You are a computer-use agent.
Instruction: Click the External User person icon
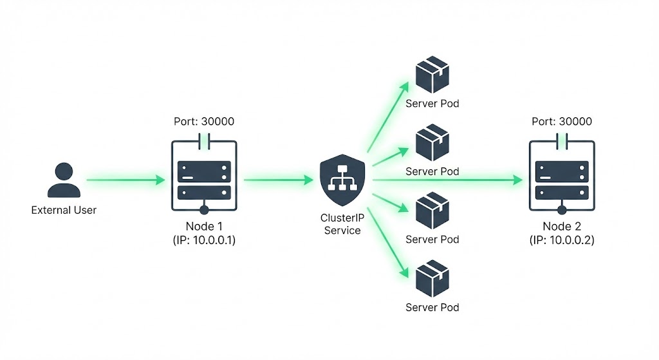point(64,180)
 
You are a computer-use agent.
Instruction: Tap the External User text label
point(64,210)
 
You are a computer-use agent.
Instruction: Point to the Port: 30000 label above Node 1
point(203,121)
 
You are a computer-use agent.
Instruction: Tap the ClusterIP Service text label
point(342,224)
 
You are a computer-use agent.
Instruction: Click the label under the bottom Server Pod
point(432,307)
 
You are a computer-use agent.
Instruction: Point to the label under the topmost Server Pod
point(432,103)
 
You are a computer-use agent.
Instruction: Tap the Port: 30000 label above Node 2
point(562,121)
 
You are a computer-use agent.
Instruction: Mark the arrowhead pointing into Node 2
point(518,180)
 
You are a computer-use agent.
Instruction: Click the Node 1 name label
point(203,226)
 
